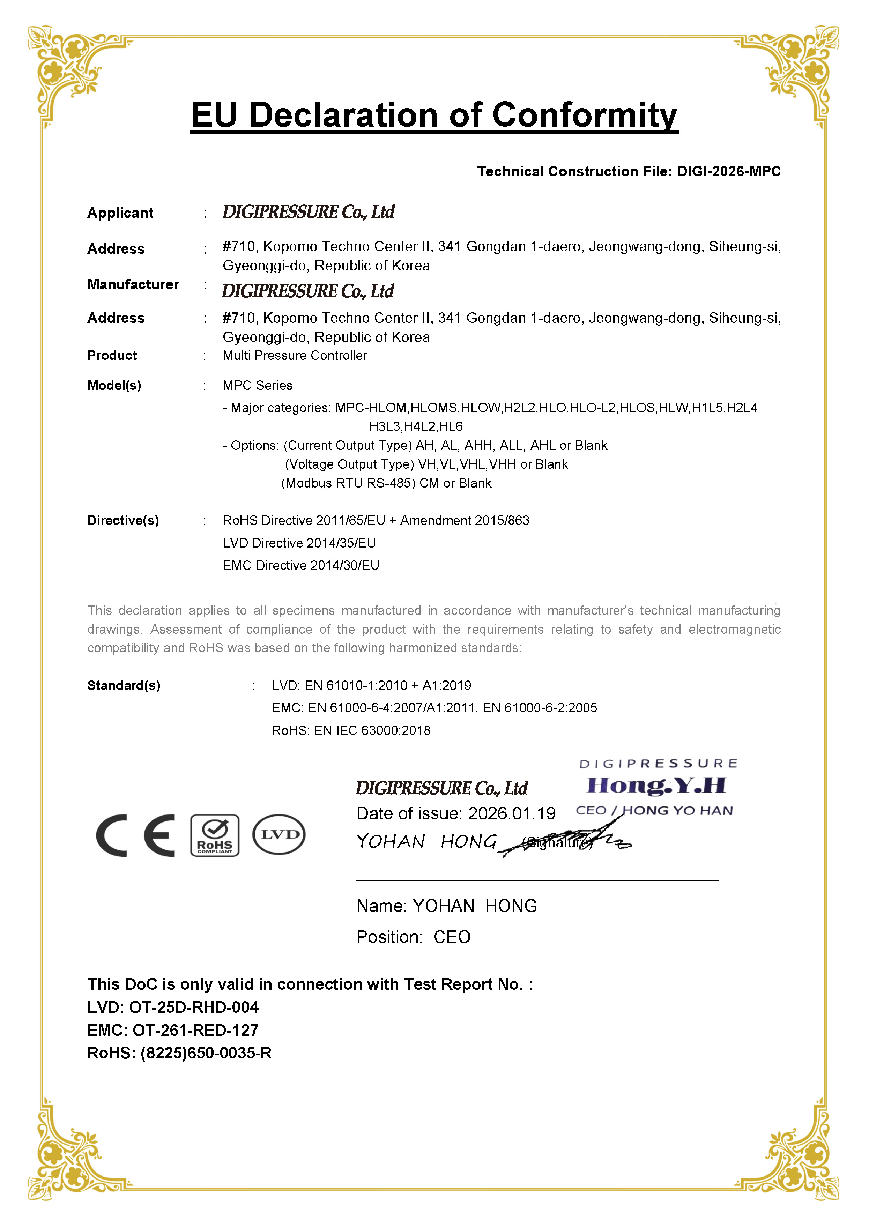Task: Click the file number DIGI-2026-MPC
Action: tap(728, 171)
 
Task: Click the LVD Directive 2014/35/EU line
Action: tap(299, 543)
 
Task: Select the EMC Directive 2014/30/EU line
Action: tap(301, 566)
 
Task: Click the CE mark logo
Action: tap(135, 835)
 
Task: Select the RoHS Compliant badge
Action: tap(215, 835)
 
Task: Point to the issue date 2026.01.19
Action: tap(512, 813)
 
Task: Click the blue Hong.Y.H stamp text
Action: tap(656, 786)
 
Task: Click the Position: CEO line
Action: tap(413, 937)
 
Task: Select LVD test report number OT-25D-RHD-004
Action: tap(194, 1007)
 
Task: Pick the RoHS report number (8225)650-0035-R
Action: tap(206, 1053)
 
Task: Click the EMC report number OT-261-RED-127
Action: tap(195, 1030)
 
